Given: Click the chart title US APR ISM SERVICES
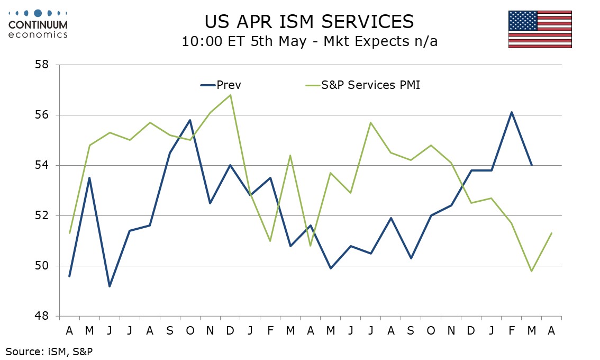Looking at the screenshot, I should tap(309, 21).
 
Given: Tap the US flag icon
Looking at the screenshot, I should tap(540, 29).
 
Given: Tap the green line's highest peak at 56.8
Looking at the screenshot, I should tap(230, 95).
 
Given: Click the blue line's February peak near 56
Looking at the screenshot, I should tap(512, 112).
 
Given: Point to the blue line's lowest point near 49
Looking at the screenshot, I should tap(110, 286).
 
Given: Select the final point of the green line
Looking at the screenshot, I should tap(552, 233).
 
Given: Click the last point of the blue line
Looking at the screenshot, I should tap(532, 165).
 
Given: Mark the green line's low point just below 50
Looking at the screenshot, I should tap(532, 271).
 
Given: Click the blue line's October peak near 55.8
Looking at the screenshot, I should tap(190, 120).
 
